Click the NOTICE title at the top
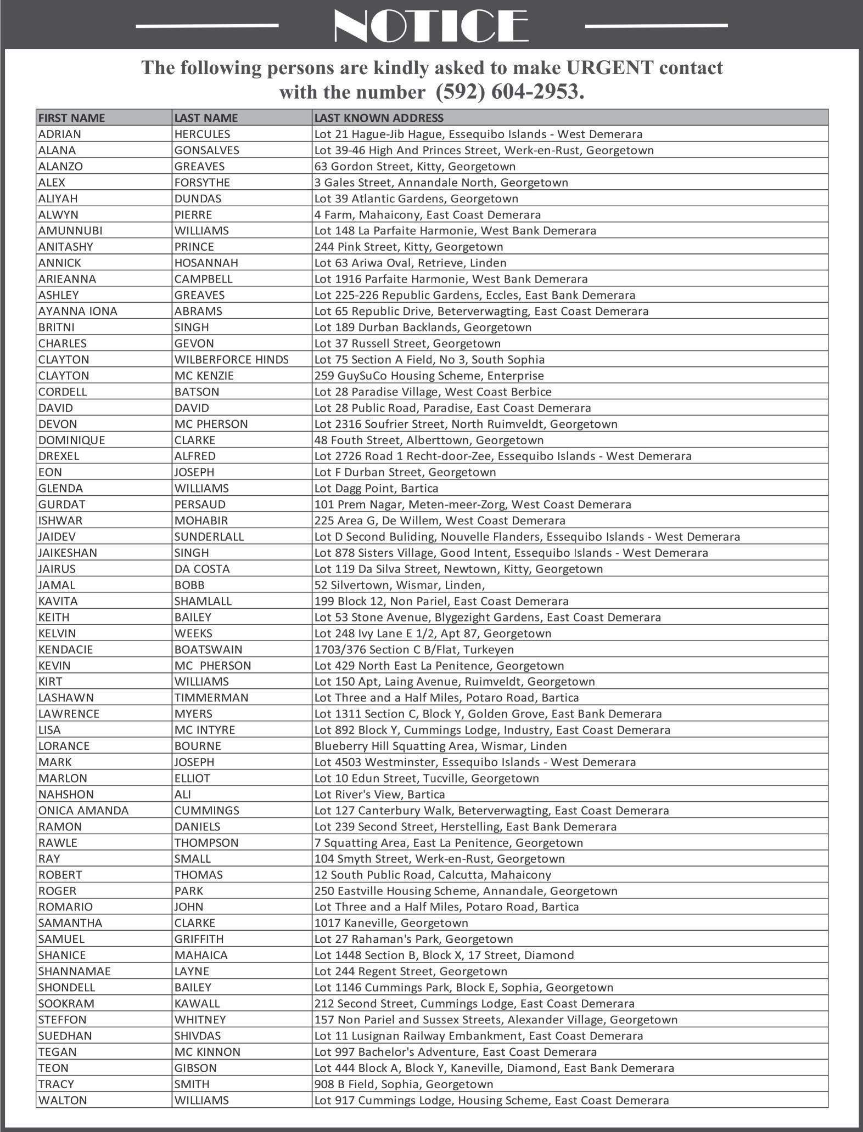(x=431, y=25)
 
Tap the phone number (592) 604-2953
(x=509, y=91)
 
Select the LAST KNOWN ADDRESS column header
(x=379, y=118)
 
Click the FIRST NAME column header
(x=71, y=118)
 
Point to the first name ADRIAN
(x=59, y=134)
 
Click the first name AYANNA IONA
(x=77, y=312)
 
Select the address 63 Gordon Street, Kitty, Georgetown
(x=414, y=166)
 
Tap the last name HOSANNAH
(x=201, y=263)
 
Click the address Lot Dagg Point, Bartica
(x=376, y=488)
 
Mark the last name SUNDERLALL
(x=209, y=536)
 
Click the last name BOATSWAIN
(x=208, y=649)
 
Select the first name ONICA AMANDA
(x=83, y=811)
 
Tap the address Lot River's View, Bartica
(x=379, y=794)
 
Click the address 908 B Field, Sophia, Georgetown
(x=404, y=1084)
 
